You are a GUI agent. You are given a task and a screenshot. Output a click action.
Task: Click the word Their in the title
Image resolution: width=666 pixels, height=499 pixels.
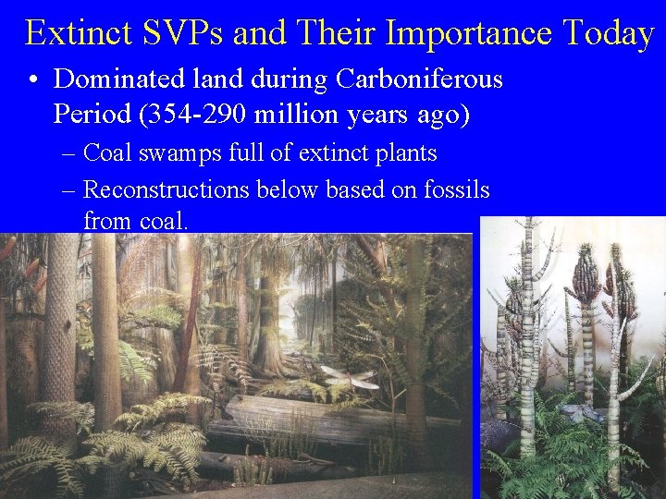pyautogui.click(x=334, y=33)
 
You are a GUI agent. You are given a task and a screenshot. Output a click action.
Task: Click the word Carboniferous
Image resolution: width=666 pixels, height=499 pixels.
pyautogui.click(x=420, y=80)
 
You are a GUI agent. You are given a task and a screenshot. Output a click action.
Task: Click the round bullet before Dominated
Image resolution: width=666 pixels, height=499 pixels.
pyautogui.click(x=33, y=81)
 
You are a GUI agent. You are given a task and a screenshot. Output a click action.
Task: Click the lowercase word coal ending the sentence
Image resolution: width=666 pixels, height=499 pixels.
pyautogui.click(x=163, y=222)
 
